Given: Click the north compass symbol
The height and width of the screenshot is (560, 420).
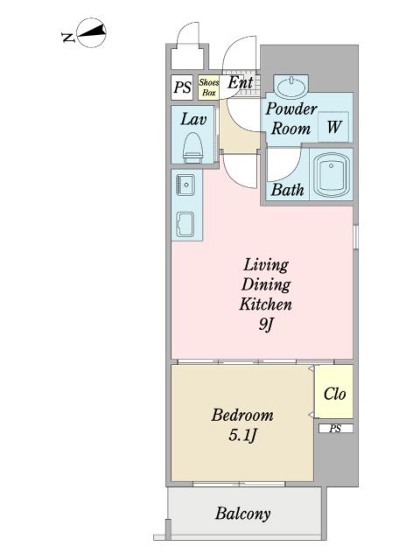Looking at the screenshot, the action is [x=92, y=32].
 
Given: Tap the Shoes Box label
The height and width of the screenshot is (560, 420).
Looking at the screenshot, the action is [x=209, y=87].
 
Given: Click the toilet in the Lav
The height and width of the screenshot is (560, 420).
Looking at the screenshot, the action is [x=192, y=148].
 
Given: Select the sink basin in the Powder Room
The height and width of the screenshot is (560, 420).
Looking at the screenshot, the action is [x=290, y=87].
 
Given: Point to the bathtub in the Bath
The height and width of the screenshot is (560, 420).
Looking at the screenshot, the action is [x=331, y=176].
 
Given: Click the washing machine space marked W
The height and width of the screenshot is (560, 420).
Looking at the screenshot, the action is [x=334, y=127].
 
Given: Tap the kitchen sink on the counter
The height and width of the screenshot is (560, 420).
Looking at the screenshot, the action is [x=185, y=185].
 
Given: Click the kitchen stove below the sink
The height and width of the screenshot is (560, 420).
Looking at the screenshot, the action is [x=185, y=225].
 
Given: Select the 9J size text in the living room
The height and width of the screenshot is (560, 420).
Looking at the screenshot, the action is [x=266, y=325].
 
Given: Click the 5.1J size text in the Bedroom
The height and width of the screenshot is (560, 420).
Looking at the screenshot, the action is [x=243, y=436].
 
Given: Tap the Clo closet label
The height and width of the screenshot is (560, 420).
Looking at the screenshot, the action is [x=334, y=394].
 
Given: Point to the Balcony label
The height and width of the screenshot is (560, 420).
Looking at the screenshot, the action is [x=243, y=514].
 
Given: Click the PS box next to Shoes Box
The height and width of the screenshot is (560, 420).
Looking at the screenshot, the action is [x=182, y=87].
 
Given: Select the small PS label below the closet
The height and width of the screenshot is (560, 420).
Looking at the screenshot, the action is [x=335, y=429].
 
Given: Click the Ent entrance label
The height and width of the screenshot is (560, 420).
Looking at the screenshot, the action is [x=241, y=83].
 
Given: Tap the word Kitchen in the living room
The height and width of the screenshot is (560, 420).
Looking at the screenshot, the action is [x=266, y=304].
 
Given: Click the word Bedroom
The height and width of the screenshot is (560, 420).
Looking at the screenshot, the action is [x=242, y=416].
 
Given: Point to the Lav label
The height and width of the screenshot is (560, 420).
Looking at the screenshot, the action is [x=193, y=119].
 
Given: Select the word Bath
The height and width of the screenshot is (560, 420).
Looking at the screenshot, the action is [x=288, y=190].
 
